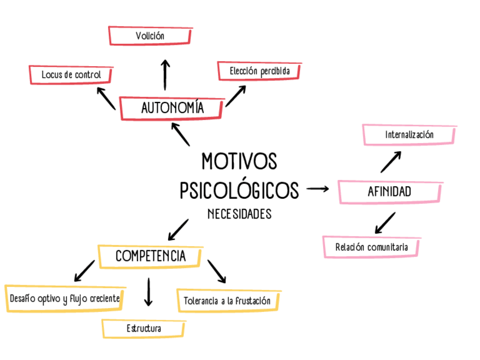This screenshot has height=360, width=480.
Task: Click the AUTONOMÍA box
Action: (172, 108)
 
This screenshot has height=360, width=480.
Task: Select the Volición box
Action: (149, 36)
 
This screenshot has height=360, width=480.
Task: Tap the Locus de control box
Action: (71, 75)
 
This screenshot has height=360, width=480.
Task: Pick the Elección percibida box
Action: (259, 71)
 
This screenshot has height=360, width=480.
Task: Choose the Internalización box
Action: (409, 135)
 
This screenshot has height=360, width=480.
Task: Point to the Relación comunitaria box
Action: (372, 247)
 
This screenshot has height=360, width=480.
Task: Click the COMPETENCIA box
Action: (151, 256)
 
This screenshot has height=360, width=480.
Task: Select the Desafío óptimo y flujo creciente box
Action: (65, 298)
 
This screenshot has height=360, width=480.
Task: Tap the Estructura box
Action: (144, 328)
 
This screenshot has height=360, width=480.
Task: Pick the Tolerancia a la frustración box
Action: (228, 300)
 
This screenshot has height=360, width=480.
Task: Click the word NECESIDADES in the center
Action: (239, 215)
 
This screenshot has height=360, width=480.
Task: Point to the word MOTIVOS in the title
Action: (239, 162)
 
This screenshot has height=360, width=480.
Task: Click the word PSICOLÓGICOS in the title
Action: (239, 190)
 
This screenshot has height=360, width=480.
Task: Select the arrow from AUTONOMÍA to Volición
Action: (165, 74)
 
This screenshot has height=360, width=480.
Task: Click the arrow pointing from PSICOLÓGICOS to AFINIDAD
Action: (318, 188)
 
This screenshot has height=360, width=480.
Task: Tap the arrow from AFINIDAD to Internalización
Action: (391, 161)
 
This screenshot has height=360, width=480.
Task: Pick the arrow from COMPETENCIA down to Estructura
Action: (148, 292)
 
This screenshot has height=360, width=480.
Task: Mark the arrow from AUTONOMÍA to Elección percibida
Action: (235, 96)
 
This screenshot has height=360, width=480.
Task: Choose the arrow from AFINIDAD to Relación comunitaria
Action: (385, 222)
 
